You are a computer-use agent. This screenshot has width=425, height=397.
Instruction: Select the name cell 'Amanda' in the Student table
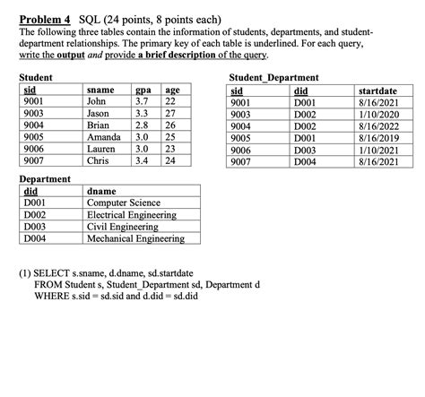pyautogui.click(x=106, y=138)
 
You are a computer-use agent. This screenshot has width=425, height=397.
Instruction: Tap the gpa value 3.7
pyautogui.click(x=141, y=103)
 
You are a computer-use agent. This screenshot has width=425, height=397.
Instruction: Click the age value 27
pyautogui.click(x=171, y=115)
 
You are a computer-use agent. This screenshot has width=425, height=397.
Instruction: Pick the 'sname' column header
pyautogui.click(x=100, y=91)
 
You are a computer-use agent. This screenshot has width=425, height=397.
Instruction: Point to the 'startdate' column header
pyautogui.click(x=377, y=91)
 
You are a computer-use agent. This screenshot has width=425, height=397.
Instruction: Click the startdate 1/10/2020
pyautogui.click(x=377, y=115)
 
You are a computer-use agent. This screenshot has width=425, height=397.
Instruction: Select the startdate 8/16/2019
pyautogui.click(x=377, y=139)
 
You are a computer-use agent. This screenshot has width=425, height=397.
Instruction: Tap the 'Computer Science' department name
pyautogui.click(x=124, y=203)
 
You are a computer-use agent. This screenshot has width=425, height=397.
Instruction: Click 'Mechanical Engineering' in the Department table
pyautogui.click(x=135, y=238)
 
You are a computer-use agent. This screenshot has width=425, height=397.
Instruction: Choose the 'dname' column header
pyautogui.click(x=100, y=191)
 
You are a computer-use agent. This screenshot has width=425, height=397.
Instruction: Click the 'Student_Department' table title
pyautogui.click(x=273, y=79)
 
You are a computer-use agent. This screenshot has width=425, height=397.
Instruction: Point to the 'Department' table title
pyautogui.click(x=45, y=178)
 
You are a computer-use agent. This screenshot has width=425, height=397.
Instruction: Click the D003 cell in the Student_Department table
pyautogui.click(x=306, y=151)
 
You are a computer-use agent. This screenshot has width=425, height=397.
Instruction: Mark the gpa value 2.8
pyautogui.click(x=141, y=126)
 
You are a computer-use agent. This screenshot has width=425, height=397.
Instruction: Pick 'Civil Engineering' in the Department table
pyautogui.click(x=124, y=227)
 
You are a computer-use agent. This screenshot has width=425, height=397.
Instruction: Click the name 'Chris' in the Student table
pyautogui.click(x=98, y=161)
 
